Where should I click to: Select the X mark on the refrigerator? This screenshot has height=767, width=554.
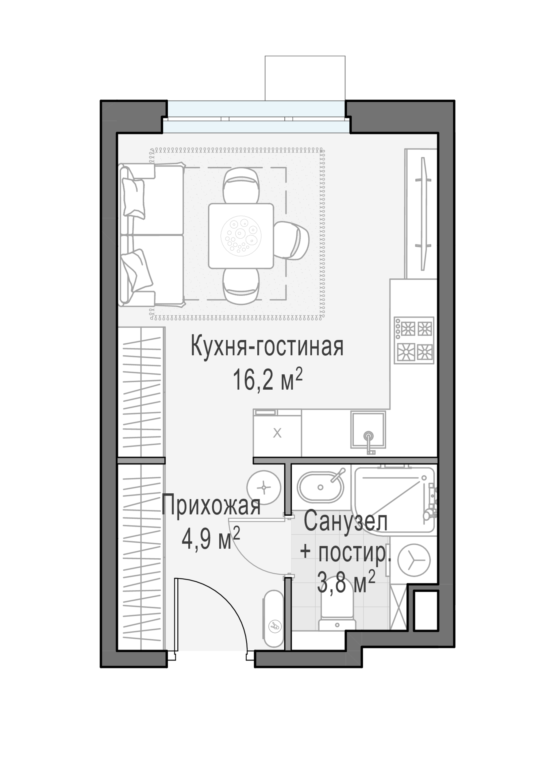277,433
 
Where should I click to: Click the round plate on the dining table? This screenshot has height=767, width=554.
241,236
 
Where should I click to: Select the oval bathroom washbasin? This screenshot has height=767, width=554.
320,487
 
